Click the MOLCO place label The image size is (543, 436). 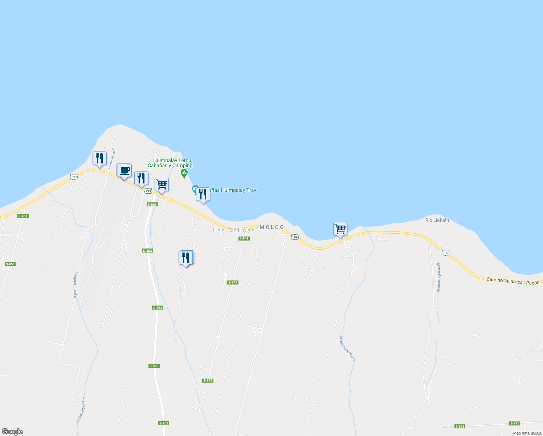click(272, 227)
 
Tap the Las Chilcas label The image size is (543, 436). click(234, 230)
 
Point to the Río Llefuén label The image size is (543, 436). click(437, 220)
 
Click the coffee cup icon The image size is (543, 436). click(124, 170)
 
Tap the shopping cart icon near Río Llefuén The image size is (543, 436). click(340, 229)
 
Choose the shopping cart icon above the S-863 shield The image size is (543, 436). click(162, 185)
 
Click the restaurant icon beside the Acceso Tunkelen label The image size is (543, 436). click(99, 158)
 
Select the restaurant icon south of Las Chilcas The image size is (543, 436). click(186, 258)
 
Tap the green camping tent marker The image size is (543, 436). click(184, 173)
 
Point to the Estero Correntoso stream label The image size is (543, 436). click(438, 277)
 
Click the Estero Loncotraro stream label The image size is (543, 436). click(347, 348)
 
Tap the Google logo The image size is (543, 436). click(12, 432)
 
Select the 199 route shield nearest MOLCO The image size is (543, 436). click(295, 237)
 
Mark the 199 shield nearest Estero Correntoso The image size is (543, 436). click(445, 252)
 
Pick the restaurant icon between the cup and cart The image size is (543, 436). click(141, 178)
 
